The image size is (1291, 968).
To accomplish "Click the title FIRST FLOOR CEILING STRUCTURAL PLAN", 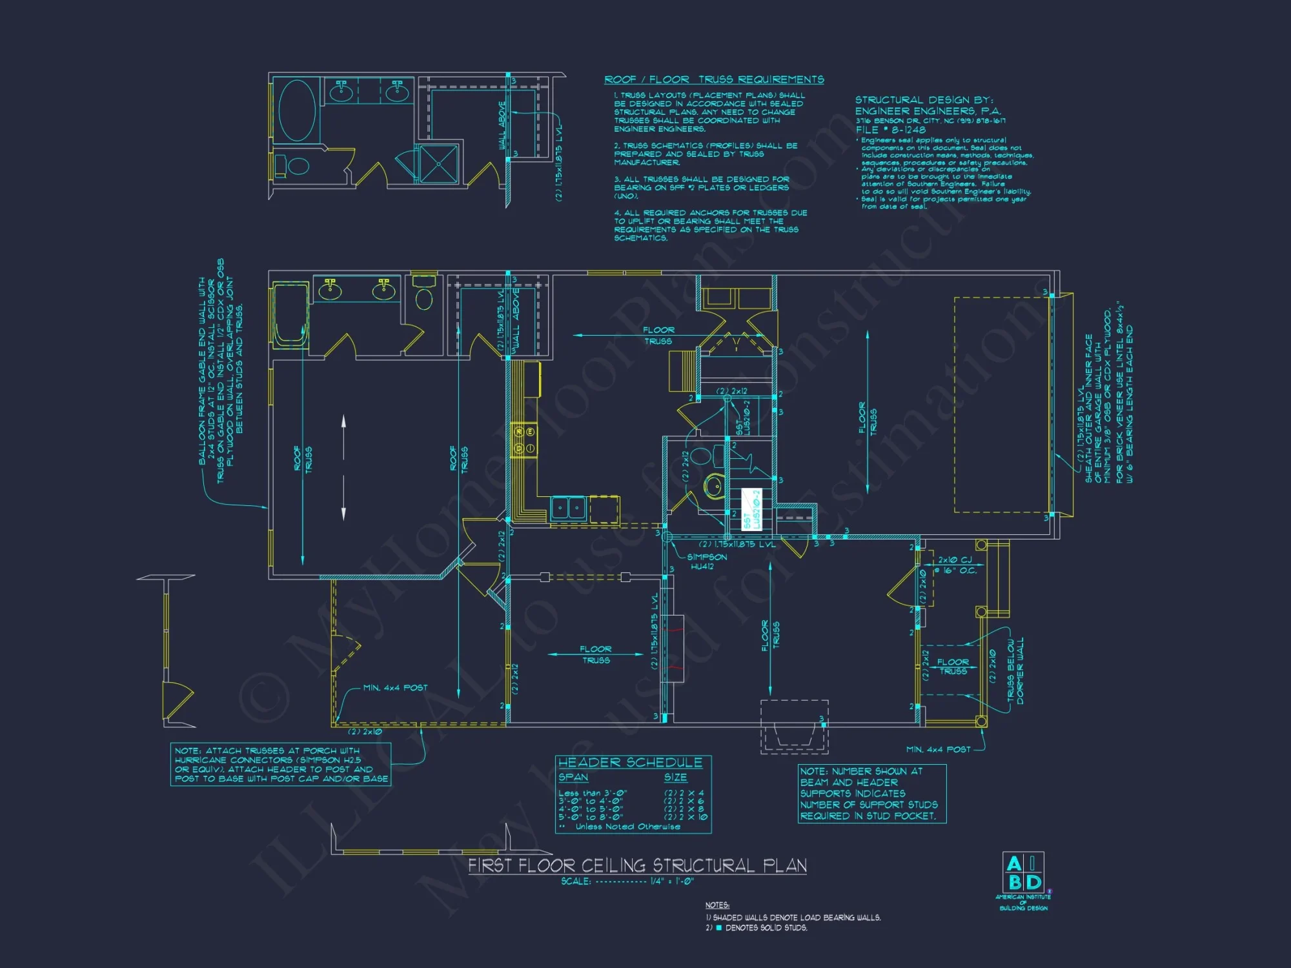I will click(x=637, y=865).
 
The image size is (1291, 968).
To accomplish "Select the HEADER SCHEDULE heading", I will click(x=630, y=763).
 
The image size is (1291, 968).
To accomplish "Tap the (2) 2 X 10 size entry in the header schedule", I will click(x=686, y=817).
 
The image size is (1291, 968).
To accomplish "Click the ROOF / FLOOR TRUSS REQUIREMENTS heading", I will click(x=714, y=79).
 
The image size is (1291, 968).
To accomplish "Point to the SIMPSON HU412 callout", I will click(x=706, y=561).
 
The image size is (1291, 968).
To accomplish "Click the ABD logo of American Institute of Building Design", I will click(x=1023, y=872).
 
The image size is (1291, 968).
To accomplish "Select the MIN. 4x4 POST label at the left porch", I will click(x=395, y=688).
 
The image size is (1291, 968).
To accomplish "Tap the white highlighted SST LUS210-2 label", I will click(x=752, y=509).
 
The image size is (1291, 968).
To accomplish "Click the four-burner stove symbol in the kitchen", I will click(x=524, y=440).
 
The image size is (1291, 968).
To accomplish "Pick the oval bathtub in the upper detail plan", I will click(x=296, y=110).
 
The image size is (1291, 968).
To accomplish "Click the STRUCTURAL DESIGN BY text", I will click(x=924, y=100).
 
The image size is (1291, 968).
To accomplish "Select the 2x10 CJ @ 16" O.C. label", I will click(x=957, y=565).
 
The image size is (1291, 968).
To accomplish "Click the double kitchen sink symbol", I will click(x=568, y=509).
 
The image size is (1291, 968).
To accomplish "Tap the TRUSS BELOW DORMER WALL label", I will click(x=1015, y=671).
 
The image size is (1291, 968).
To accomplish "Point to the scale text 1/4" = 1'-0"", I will click(x=671, y=882).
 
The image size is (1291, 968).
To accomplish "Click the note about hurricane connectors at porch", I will click(x=281, y=765).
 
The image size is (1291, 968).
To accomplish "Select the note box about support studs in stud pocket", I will click(x=871, y=793).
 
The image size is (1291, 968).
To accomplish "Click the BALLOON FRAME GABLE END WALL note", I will click(x=219, y=371).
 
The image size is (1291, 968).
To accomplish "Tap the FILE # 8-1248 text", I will click(x=890, y=130).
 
